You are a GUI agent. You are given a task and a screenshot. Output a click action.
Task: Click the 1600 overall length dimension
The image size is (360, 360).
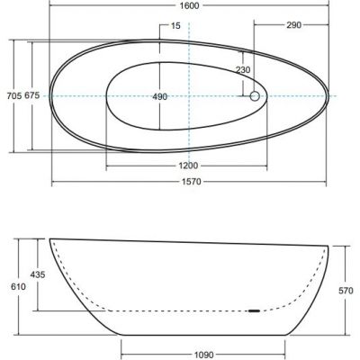[x=190, y=5]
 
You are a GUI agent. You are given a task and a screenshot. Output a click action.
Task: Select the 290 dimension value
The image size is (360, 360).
[x=293, y=25]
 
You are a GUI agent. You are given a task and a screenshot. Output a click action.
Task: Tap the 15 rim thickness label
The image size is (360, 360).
[x=175, y=26]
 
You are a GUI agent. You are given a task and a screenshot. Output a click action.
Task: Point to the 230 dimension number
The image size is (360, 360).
[x=243, y=70]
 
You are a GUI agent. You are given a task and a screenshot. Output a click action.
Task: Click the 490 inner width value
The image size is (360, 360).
[x=159, y=96]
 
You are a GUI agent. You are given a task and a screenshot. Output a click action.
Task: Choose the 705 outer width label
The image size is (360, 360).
[x=14, y=95]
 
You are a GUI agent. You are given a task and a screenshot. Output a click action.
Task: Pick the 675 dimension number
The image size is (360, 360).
[x=31, y=95]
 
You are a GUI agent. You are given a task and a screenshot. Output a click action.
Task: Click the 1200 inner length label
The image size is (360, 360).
[x=188, y=166]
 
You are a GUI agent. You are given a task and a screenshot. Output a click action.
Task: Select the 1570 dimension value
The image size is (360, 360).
[x=192, y=182]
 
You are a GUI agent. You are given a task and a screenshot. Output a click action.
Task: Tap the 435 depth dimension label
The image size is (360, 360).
[x=38, y=274]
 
